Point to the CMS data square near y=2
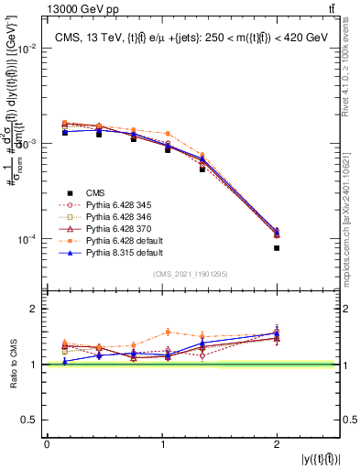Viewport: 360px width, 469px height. [x=277, y=247]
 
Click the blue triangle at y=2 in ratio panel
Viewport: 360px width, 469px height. [x=277, y=333]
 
